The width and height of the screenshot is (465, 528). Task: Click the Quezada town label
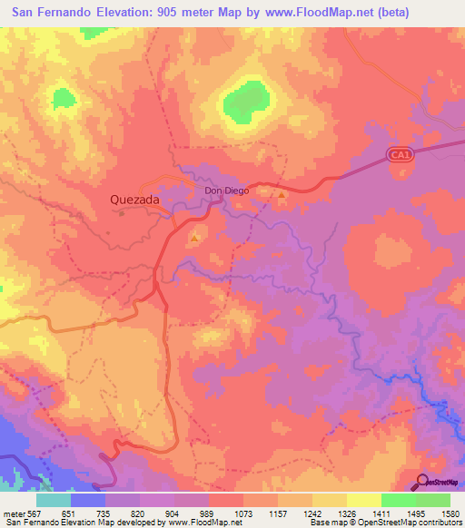134,199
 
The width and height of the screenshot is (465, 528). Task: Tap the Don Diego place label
224,191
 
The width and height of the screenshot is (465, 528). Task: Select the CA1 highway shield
399,156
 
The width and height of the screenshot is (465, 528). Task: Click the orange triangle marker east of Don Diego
282,194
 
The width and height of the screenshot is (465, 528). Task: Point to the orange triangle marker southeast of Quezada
195,239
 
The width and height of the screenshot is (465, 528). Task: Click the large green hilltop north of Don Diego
242,101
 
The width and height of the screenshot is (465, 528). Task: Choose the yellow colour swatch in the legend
363,500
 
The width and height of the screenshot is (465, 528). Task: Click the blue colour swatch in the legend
88,500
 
